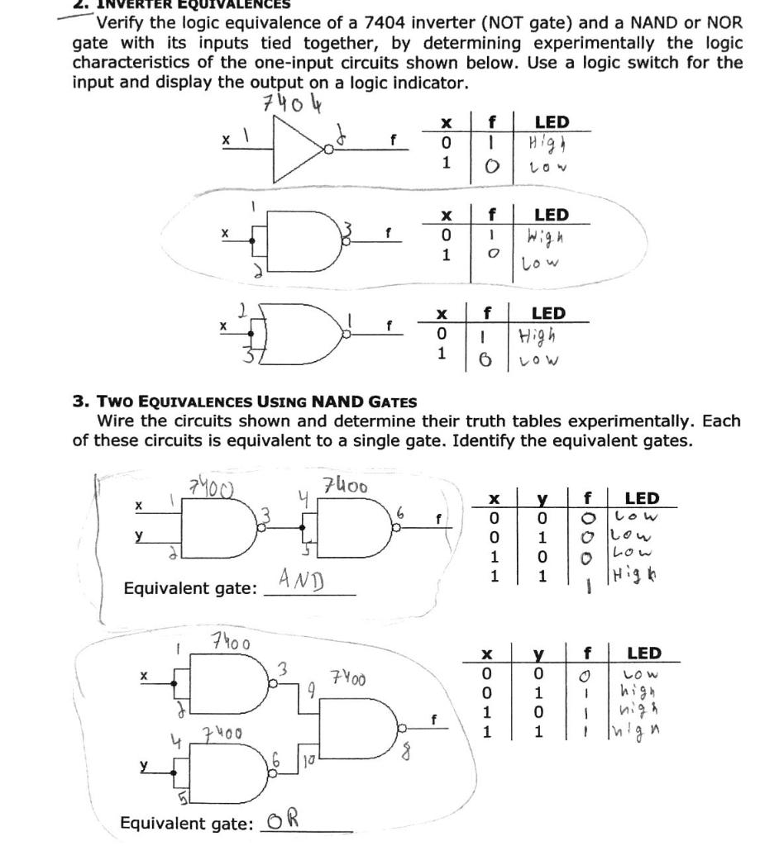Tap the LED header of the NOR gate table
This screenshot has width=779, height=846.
pyautogui.click(x=547, y=313)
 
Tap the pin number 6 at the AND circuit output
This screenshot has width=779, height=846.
pyautogui.click(x=401, y=511)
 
